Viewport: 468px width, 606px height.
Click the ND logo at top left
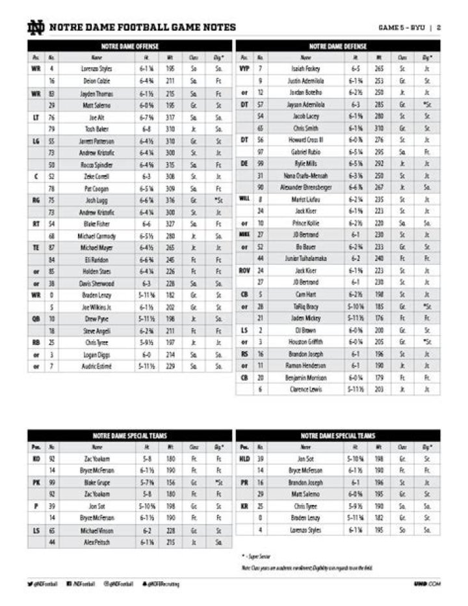click(35, 27)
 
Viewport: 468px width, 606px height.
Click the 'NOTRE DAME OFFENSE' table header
click(129, 46)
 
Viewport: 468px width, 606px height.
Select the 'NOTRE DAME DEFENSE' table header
click(337, 46)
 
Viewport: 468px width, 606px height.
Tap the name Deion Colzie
click(97, 81)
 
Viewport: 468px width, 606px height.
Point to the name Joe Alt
click(97, 117)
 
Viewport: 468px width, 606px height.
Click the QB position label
click(36, 319)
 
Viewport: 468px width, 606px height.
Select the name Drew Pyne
click(97, 319)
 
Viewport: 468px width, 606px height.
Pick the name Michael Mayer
click(97, 247)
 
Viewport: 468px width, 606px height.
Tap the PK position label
click(36, 482)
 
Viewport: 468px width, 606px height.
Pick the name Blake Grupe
click(97, 482)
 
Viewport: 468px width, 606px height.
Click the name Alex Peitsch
click(97, 542)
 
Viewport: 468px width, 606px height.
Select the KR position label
click(244, 506)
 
